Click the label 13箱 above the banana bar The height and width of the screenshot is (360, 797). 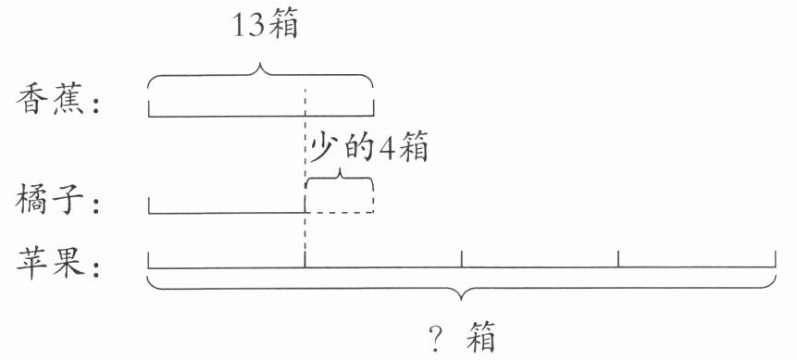coord(266,25)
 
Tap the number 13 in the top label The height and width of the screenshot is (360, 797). coord(249,26)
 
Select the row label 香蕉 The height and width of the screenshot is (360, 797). coord(49,99)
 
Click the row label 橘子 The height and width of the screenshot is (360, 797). coord(49,200)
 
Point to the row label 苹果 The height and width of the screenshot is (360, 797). coord(49,263)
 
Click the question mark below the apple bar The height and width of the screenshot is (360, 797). coord(435,338)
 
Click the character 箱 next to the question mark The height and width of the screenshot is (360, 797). coord(480,337)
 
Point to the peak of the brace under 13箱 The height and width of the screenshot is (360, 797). coord(261,66)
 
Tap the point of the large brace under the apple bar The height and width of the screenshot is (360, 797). coord(462,299)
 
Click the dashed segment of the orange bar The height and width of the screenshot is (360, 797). coord(340,213)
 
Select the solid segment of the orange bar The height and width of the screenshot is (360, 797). coord(227,213)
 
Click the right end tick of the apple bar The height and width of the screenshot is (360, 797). coord(775,259)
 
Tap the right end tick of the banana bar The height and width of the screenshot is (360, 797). coord(374,108)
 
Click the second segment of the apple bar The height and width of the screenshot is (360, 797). coord(383,267)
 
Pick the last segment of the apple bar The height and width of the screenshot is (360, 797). coord(697,267)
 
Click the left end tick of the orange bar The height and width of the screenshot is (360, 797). coord(149,205)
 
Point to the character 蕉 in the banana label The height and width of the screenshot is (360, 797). coord(68,99)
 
